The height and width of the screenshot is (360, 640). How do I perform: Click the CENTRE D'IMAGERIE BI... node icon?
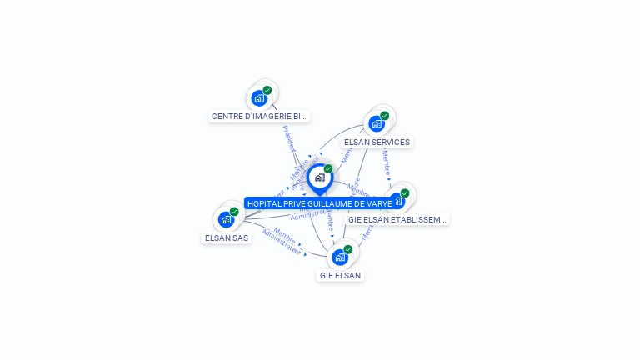259,98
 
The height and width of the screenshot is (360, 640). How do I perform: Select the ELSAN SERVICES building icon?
377,123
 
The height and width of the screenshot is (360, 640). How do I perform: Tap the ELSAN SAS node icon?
226,220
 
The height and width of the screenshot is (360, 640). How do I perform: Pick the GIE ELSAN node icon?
340,257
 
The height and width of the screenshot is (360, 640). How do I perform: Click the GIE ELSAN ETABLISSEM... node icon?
397,202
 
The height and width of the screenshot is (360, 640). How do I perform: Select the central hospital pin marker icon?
319,177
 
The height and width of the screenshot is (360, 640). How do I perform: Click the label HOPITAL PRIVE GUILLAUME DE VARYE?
319,203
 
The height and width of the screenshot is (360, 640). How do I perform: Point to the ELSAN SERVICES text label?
377,142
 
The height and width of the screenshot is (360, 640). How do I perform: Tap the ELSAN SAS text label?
227,238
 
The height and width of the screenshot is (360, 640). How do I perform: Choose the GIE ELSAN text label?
340,275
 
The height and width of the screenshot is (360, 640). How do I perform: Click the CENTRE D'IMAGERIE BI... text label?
259,117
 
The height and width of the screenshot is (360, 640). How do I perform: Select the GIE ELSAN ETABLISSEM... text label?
397,220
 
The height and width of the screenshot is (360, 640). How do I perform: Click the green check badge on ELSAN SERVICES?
385,116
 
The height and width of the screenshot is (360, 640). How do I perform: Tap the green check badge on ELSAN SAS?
234,212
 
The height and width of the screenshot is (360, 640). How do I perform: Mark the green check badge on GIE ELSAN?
348,249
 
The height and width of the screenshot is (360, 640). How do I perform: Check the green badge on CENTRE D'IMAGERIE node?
267,90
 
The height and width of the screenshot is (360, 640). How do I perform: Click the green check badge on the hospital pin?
328,168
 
